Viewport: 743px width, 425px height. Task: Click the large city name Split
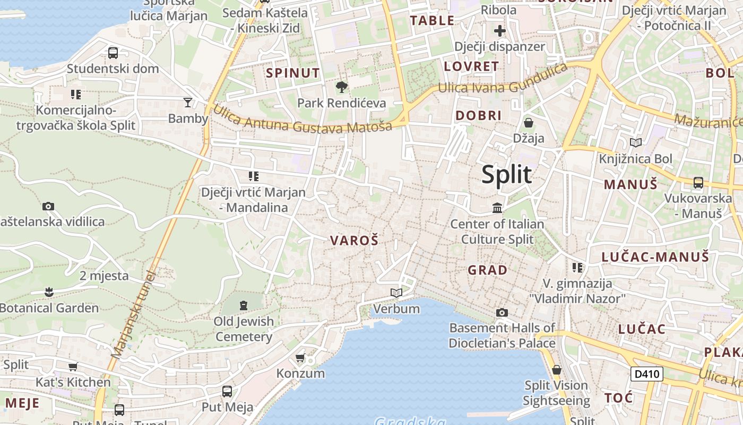coord(506,175)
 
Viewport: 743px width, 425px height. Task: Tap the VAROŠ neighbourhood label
coord(354,241)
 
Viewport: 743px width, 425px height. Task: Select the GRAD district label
coord(487,270)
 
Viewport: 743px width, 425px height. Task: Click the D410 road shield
coord(647,374)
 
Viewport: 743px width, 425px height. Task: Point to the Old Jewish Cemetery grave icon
coord(244,305)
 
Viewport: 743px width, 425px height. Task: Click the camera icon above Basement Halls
coord(502,312)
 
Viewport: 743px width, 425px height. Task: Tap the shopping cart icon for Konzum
coord(300,358)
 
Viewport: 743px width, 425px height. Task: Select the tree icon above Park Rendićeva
coord(341,87)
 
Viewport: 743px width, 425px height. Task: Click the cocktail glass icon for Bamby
coord(187,103)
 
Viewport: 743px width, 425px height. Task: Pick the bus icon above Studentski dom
coord(113,53)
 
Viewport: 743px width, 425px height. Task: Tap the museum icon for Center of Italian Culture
coord(497,208)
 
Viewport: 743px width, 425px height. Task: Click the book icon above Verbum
coord(396,293)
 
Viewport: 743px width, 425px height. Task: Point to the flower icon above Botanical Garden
coord(49,292)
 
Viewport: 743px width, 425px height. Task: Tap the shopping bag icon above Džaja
coord(529,123)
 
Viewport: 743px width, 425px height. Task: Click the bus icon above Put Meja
coord(227,392)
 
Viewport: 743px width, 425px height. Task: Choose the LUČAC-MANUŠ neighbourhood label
coord(655,257)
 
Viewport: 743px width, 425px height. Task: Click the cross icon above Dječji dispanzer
coord(499,31)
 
